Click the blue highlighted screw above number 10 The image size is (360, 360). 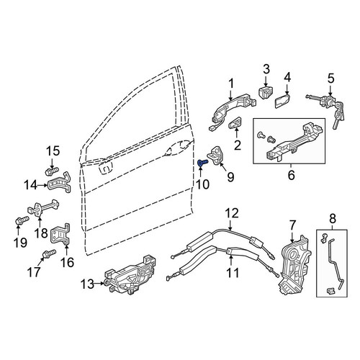pyautogui.click(x=202, y=163)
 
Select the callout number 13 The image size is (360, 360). pyautogui.click(x=88, y=284)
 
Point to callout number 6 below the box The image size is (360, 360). pyautogui.click(x=291, y=175)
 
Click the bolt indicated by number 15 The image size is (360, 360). pyautogui.click(x=52, y=171)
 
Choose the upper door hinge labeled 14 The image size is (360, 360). pyautogui.click(x=60, y=182)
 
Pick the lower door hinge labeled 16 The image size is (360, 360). pyautogui.click(x=60, y=235)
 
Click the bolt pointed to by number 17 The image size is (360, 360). pyautogui.click(x=49, y=253)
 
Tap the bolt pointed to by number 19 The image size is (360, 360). pyautogui.click(x=22, y=220)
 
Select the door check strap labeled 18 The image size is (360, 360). pyautogui.click(x=43, y=207)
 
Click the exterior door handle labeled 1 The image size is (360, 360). pyautogui.click(x=232, y=108)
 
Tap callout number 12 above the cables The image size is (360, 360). pyautogui.click(x=232, y=213)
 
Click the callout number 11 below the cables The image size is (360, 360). pyautogui.click(x=233, y=273)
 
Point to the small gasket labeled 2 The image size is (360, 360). pyautogui.click(x=235, y=122)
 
